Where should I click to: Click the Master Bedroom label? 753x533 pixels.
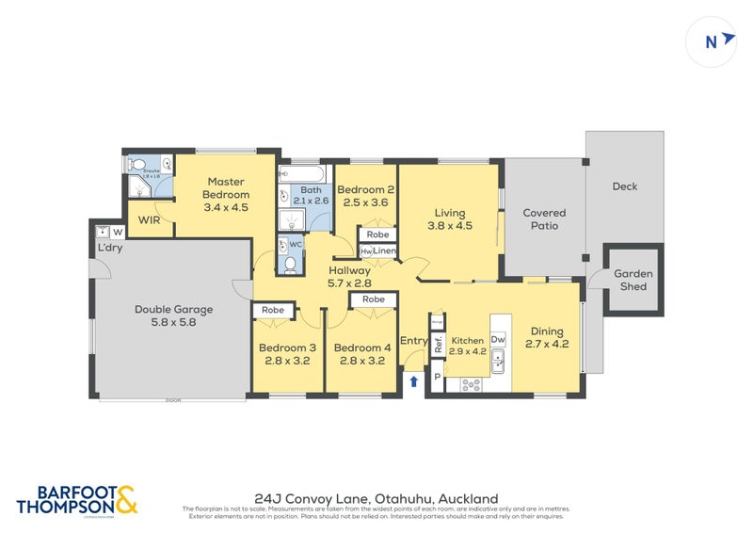point(226,194)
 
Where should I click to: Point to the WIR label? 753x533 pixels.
point(150,219)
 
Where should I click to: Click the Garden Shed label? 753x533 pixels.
point(633,280)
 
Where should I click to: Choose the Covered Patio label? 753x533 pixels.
point(544,219)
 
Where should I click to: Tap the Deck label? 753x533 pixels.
point(625,186)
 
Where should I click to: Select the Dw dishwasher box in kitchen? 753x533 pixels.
point(498,340)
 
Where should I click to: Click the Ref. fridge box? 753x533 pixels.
point(438,344)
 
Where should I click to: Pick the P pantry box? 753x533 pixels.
point(436,379)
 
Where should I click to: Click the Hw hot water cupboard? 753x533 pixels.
point(365,251)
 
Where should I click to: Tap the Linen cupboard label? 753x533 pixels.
point(384,251)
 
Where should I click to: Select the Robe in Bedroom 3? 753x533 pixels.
point(273,309)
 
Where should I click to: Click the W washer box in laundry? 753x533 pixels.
point(118,232)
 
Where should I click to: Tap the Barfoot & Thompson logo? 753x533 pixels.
point(77,500)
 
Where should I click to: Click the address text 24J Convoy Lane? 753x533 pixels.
point(376,498)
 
